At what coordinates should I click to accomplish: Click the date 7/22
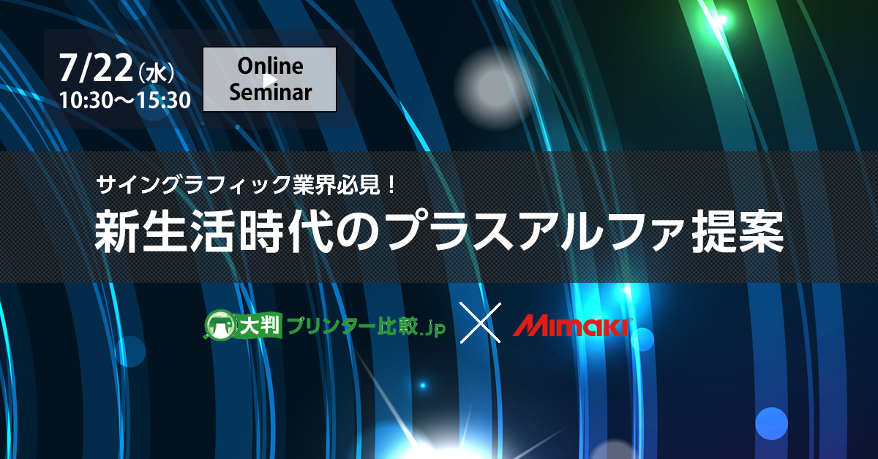(x=96, y=68)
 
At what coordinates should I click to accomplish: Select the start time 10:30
(x=86, y=100)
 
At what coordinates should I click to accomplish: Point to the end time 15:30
(x=164, y=100)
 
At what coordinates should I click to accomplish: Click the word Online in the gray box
(x=270, y=66)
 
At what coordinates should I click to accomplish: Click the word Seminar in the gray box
(x=270, y=92)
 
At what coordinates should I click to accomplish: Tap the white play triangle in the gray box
(x=270, y=80)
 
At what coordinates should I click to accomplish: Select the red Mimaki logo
(x=572, y=326)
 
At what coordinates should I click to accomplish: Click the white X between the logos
(x=480, y=323)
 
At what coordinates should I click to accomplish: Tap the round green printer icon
(x=220, y=325)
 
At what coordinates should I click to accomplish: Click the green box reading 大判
(x=259, y=325)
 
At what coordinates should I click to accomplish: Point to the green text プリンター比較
(x=353, y=325)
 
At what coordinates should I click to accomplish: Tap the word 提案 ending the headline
(x=738, y=231)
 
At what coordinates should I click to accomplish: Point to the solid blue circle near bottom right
(x=771, y=423)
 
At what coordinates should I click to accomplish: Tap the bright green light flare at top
(x=721, y=19)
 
